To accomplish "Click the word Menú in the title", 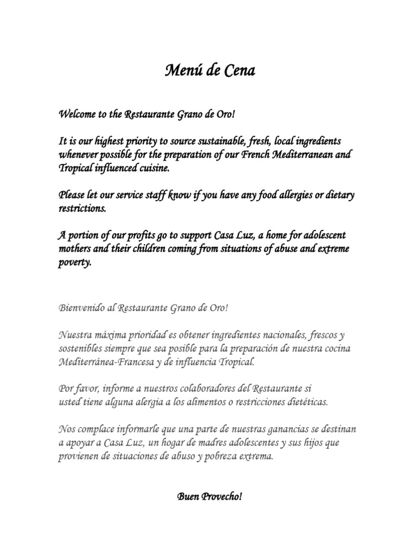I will (182, 71).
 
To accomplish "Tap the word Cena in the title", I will (238, 71).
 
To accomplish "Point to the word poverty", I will (75, 263).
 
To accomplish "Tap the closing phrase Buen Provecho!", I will (209, 497).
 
